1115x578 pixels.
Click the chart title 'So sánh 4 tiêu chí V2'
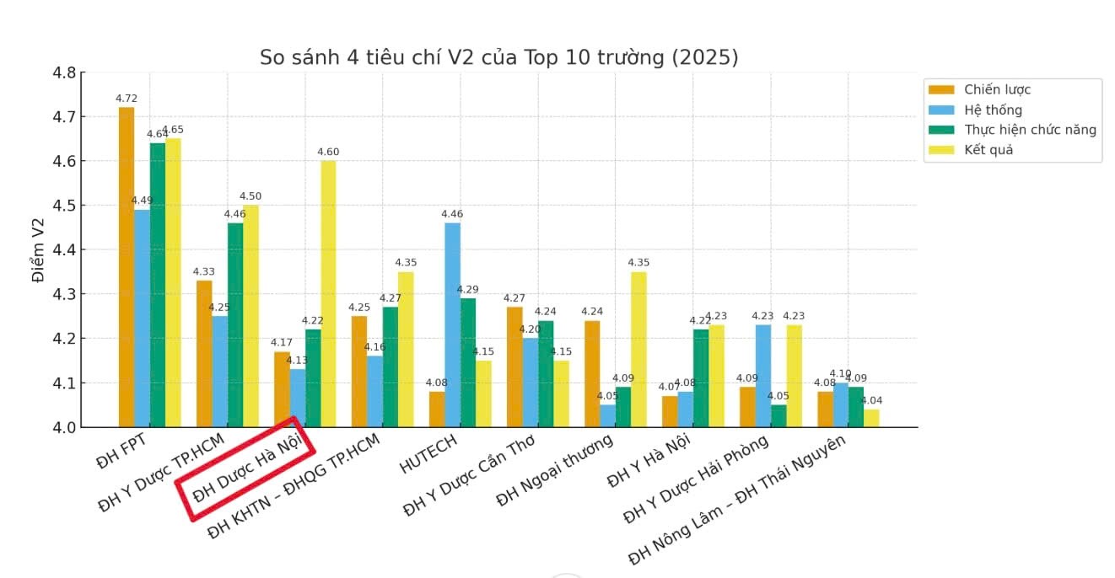[x=498, y=57]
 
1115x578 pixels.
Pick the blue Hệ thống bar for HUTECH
[x=453, y=325]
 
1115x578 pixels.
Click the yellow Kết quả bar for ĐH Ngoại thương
[x=638, y=350]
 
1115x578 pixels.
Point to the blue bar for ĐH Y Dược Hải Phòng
[x=762, y=376]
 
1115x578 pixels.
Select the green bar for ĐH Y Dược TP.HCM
[x=234, y=325]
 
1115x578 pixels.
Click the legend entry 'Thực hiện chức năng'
[x=1030, y=130]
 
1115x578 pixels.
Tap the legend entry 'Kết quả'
[x=988, y=150]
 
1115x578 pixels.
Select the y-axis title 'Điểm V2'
[x=38, y=250]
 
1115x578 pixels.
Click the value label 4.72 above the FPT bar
[x=127, y=99]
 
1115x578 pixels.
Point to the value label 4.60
[x=328, y=152]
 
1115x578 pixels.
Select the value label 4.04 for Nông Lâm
[x=872, y=401]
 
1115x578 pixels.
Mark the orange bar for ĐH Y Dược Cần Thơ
[x=514, y=367]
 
